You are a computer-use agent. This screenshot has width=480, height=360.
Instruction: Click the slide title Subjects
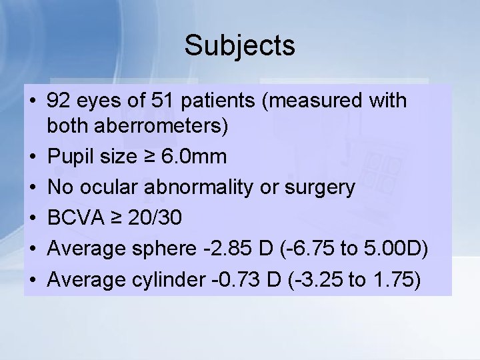pos(239,46)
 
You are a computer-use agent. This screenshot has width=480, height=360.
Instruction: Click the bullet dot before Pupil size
pos(33,158)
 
